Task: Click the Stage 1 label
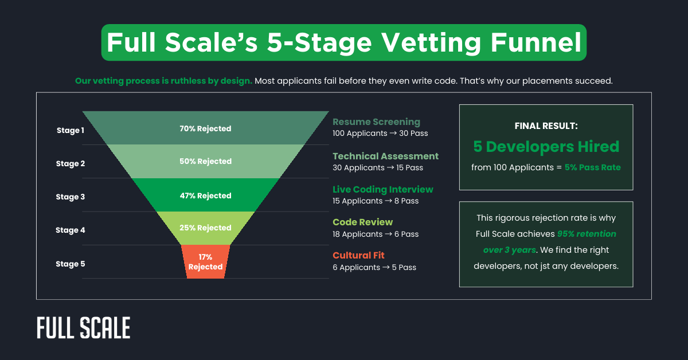70,130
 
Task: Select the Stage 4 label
70,230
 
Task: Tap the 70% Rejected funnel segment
205,128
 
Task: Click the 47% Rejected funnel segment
205,195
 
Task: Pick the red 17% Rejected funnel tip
205,262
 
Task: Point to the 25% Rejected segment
205,228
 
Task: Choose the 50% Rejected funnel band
205,161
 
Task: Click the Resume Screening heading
376,122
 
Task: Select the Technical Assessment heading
385,156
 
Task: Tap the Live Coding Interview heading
383,189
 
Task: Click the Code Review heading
363,222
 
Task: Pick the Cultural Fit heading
358,256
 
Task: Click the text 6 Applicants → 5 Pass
374,268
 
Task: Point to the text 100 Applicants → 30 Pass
380,134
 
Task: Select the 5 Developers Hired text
546,147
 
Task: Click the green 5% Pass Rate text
592,167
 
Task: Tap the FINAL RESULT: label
546,126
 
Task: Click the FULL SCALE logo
84,328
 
